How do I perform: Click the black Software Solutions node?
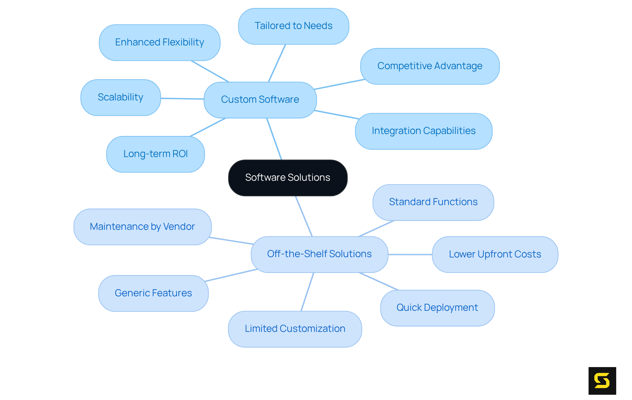288,178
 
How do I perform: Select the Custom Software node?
260,100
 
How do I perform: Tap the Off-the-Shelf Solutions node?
319,254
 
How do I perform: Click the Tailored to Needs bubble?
293,26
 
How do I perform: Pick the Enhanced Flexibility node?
159,42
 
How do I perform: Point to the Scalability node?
120,97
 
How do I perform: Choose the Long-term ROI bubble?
155,154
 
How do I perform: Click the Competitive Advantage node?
430,66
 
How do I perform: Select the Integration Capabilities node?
423,131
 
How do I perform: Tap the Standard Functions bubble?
433,202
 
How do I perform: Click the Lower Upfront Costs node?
495,254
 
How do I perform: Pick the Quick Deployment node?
437,308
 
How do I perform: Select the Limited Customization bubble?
295,329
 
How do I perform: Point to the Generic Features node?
153,293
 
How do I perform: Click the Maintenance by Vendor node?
142,227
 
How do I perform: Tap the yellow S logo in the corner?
602,381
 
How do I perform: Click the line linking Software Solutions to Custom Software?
274,139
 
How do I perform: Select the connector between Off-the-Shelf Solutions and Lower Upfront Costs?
410,254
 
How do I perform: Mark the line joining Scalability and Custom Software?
182,98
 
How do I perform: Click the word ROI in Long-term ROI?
180,154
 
